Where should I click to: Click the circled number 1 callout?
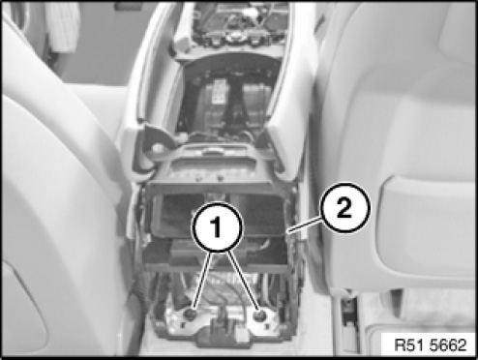pyautogui.click(x=217, y=226)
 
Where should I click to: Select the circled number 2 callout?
pyautogui.click(x=344, y=208)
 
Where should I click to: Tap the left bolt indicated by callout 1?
pyautogui.click(x=191, y=314)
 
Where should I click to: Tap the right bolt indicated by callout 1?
pyautogui.click(x=259, y=315)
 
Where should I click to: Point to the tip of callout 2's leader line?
pyautogui.click(x=288, y=231)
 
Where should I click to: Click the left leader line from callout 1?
pyautogui.click(x=202, y=279)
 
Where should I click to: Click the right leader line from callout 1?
pyautogui.click(x=243, y=280)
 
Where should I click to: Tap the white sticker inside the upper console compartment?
pyautogui.click(x=220, y=91)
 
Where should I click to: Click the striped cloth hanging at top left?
pyautogui.click(x=63, y=26)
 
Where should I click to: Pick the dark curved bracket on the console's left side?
pyautogui.click(x=157, y=137)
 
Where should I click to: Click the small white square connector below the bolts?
pyautogui.click(x=243, y=337)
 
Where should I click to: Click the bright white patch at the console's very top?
pyautogui.click(x=251, y=12)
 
